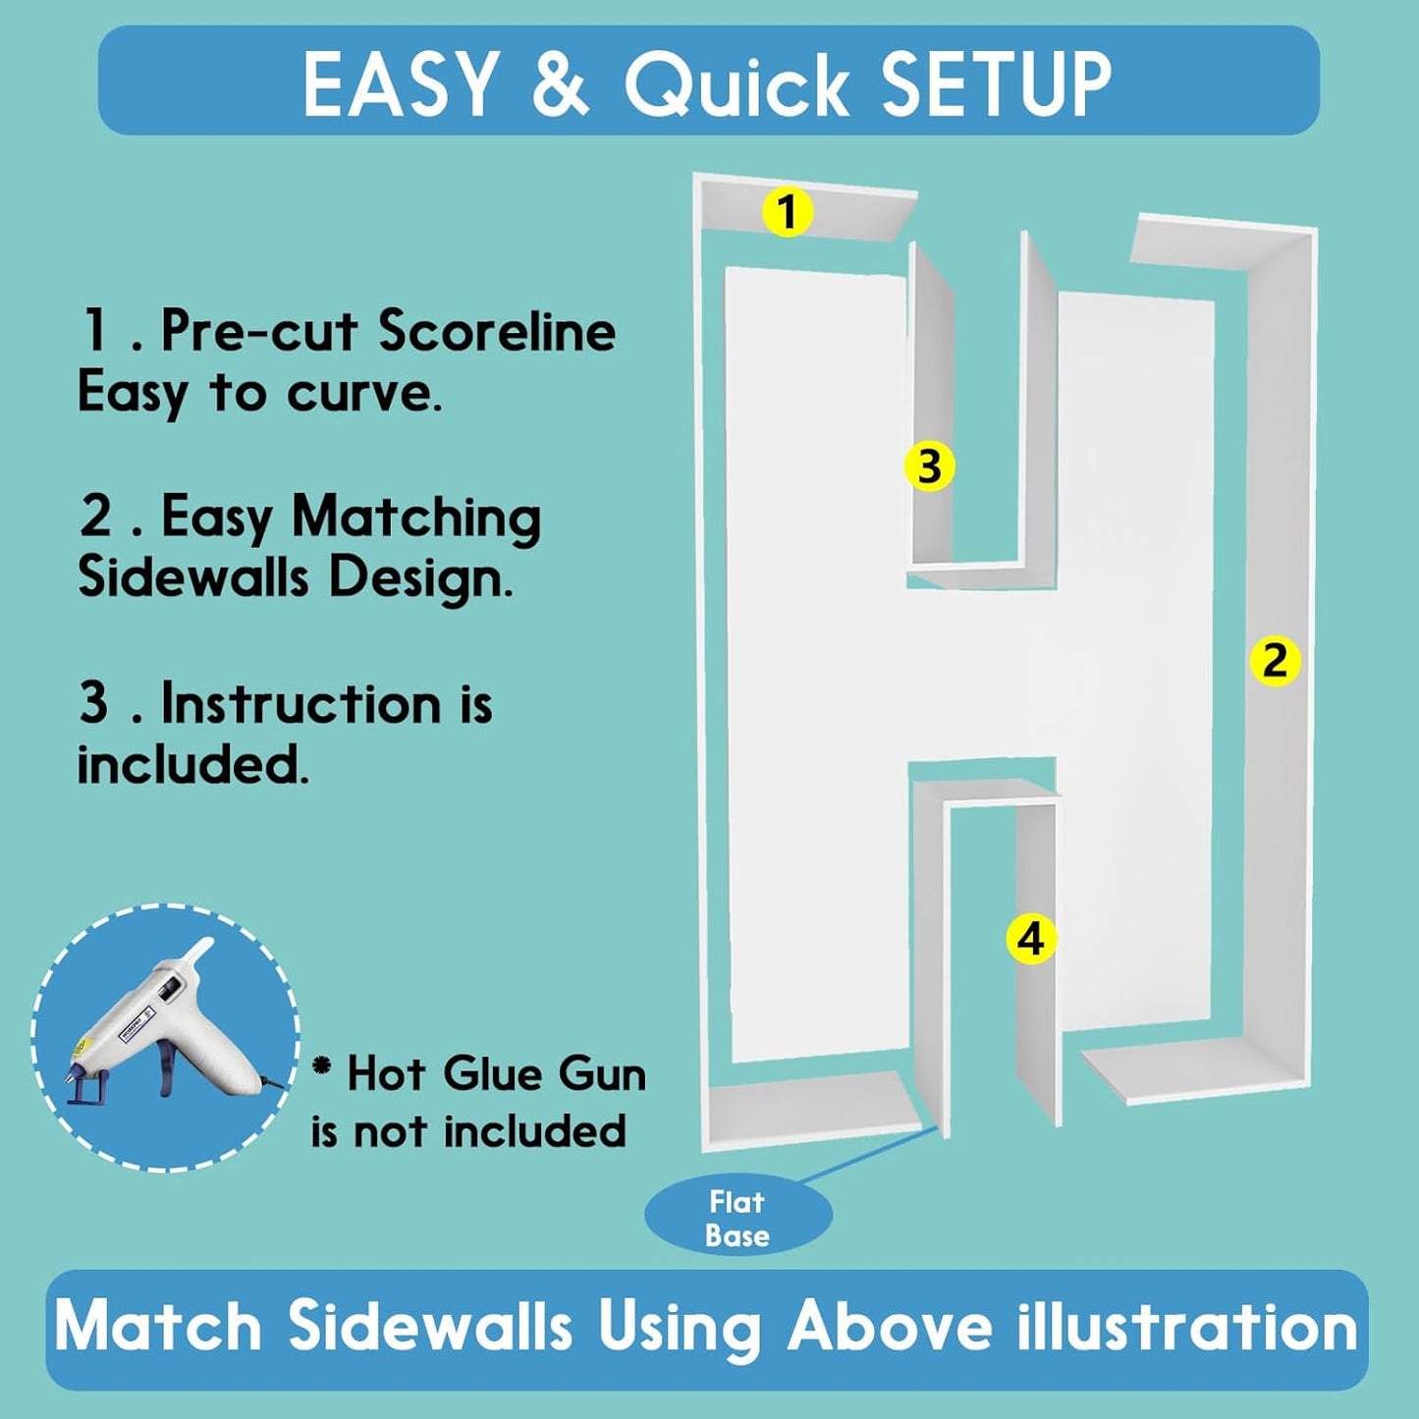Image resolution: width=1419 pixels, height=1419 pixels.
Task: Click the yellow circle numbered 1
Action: coord(788,211)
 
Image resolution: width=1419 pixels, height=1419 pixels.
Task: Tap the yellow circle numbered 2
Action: coord(1276,661)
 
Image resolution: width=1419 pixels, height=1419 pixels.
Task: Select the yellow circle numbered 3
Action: coord(930,465)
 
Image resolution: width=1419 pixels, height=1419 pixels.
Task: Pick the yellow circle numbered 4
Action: coord(1031,939)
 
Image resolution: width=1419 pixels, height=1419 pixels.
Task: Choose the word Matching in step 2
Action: coord(416,519)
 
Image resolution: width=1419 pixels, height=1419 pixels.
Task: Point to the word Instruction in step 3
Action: coord(300,704)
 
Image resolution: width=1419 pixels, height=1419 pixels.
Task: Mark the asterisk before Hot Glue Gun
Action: coord(322,1064)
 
